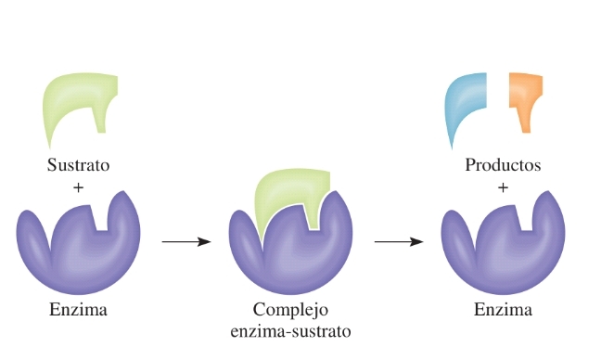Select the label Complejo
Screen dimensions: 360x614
coord(290,310)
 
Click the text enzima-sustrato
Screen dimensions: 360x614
coord(290,329)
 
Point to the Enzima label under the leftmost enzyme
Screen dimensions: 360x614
coord(78,310)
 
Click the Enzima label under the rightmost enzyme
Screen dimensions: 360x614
coord(503,310)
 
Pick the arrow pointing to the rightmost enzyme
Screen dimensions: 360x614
coord(399,242)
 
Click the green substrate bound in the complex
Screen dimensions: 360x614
coord(283,195)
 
